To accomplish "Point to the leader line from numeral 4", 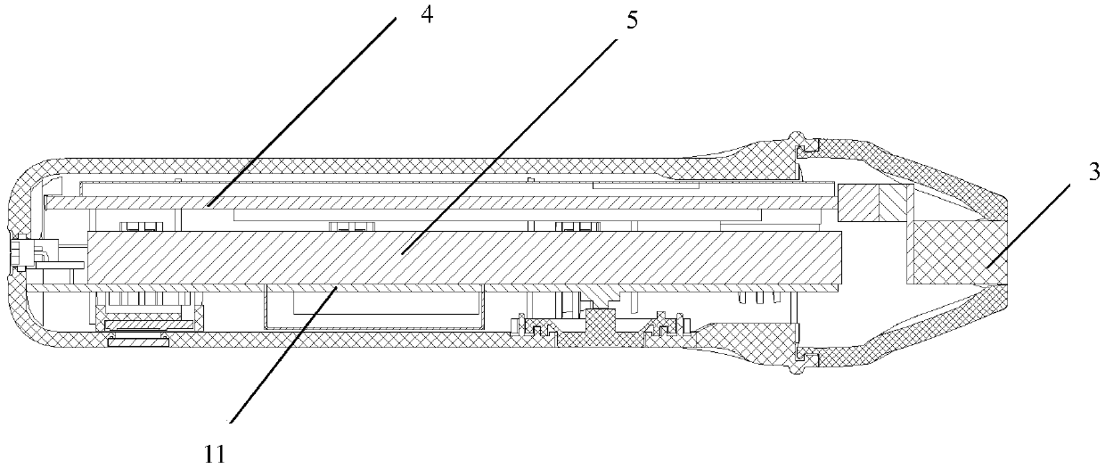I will click(x=303, y=111).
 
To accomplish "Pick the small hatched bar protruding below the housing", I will click(x=137, y=341).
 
